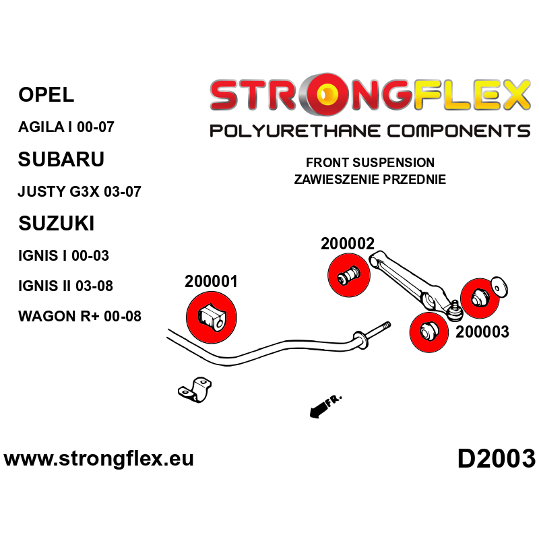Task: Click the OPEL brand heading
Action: coord(46,95)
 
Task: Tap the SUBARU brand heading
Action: coord(61,159)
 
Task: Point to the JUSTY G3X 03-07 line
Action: coord(79,191)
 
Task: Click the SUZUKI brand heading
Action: coord(56,223)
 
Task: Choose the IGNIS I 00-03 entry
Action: coord(63,255)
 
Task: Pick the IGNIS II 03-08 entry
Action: coord(66,286)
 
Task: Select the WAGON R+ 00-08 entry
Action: coord(80,316)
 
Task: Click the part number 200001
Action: coord(211,282)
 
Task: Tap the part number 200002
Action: coord(348,245)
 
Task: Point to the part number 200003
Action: coord(482,331)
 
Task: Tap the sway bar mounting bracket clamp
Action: coord(195,390)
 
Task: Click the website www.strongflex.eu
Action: coord(99,459)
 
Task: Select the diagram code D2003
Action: coord(496,459)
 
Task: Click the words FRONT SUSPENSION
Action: coord(370,163)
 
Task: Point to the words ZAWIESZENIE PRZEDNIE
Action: coord(370,180)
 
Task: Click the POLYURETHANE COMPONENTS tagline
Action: coord(370,130)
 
